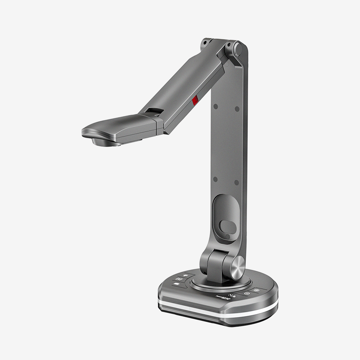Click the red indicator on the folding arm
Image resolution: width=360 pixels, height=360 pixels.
(195, 100)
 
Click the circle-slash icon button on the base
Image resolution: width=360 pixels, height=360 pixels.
(247, 293)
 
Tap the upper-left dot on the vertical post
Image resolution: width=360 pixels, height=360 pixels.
(215, 107)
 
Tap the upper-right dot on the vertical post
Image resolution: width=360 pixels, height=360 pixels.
(237, 108)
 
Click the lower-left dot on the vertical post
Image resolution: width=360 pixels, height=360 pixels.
(215, 179)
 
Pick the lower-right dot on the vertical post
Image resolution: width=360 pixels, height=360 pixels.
(237, 183)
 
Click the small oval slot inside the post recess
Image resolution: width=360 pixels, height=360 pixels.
(227, 227)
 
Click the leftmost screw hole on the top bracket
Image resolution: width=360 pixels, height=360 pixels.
(205, 42)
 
